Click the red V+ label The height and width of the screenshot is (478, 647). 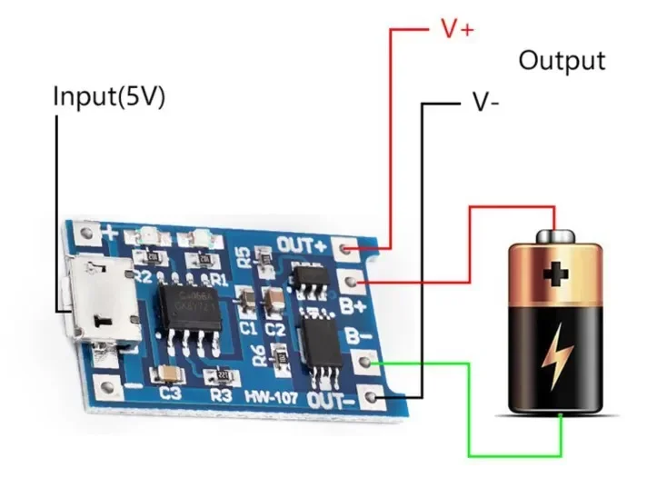(x=457, y=29)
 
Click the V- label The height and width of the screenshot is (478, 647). (x=485, y=101)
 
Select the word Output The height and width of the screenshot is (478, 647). (x=561, y=61)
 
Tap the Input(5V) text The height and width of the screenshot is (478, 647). (x=109, y=97)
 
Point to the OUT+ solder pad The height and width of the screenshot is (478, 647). (x=346, y=247)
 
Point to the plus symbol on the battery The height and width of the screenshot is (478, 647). (x=554, y=274)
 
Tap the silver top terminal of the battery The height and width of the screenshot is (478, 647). (x=553, y=236)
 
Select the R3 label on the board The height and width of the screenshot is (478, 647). (x=219, y=396)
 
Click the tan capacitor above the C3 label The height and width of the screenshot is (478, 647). (x=169, y=373)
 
